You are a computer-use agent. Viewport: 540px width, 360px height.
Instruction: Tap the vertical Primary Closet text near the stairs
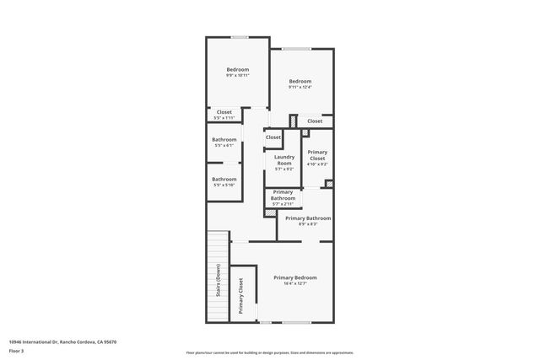tap(240, 296)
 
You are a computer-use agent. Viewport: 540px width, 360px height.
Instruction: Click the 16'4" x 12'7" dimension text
tap(295, 284)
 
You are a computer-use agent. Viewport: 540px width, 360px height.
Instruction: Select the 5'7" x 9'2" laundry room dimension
tap(284, 169)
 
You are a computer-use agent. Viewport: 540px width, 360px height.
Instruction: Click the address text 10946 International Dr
tap(62, 341)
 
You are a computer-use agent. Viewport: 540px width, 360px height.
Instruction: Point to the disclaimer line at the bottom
tap(269, 352)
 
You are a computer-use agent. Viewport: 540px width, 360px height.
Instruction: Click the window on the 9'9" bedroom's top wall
tap(240, 37)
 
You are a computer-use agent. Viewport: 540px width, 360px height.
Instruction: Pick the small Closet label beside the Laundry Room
tap(273, 137)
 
